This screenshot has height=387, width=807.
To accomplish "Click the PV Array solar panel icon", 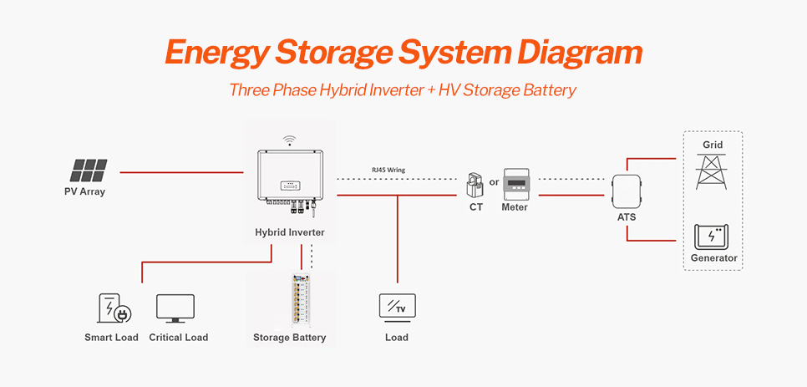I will coord(88,171).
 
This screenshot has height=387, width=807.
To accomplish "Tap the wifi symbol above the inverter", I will coord(289,140).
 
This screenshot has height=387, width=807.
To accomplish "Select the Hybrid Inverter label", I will coord(290,232).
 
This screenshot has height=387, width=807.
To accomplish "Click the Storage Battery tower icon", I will coord(296,300).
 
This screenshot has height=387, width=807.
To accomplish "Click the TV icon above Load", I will coord(397,306).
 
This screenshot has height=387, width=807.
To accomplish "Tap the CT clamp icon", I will coord(475,186).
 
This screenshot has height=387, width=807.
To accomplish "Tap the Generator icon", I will coord(713,237).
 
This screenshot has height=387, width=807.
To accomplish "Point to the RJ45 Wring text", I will coord(388,170).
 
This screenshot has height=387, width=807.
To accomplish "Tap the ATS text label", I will coord(627,217).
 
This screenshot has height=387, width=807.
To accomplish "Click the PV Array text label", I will coord(85,191).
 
